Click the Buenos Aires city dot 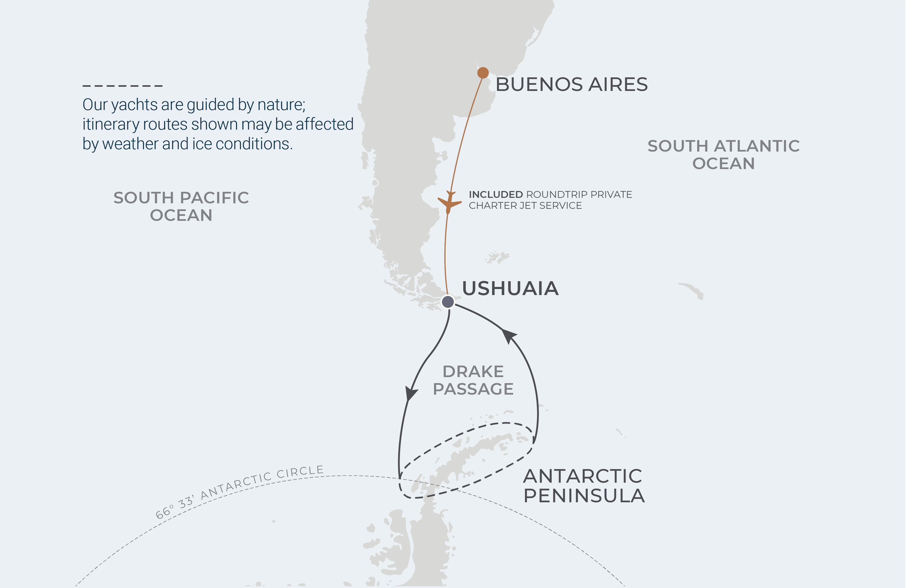(483, 73)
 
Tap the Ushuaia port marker (448, 302)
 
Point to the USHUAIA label (510, 289)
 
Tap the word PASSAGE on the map (473, 389)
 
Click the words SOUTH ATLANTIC (723, 146)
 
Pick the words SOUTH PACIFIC (181, 198)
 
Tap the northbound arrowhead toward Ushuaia (509, 335)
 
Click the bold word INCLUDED (496, 194)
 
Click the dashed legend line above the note (123, 86)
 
